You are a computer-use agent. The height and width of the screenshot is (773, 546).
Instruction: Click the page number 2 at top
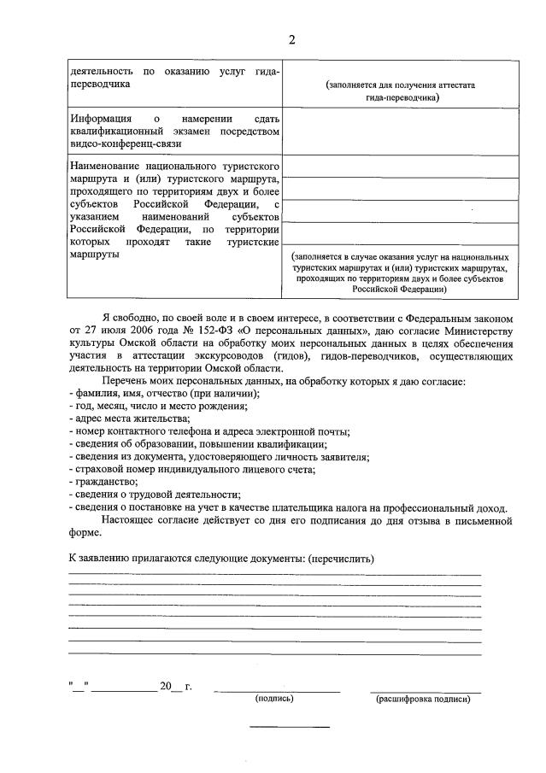coord(292,40)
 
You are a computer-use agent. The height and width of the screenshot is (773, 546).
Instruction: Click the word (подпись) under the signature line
coord(274,699)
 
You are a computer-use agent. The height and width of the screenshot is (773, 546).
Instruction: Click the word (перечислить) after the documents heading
coord(340,559)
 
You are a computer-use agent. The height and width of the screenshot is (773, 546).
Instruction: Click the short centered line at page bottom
coord(289,727)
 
